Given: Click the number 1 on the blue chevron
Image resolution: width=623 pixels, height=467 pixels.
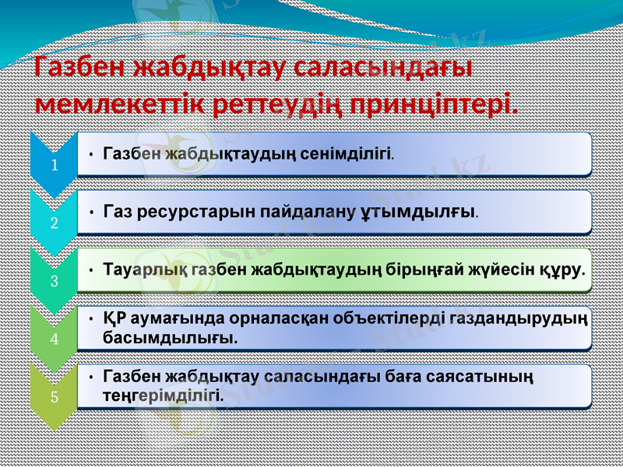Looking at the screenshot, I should [54, 166].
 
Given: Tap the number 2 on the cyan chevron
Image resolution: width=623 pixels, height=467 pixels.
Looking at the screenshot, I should [54, 223].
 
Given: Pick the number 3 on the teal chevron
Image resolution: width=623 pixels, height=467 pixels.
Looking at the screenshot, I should [54, 281].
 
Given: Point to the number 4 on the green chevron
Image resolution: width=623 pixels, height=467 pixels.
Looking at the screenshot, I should [54, 339].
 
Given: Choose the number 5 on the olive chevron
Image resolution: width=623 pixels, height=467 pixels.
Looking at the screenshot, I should [54, 397].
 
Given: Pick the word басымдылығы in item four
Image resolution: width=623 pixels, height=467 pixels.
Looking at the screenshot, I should [170, 339].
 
